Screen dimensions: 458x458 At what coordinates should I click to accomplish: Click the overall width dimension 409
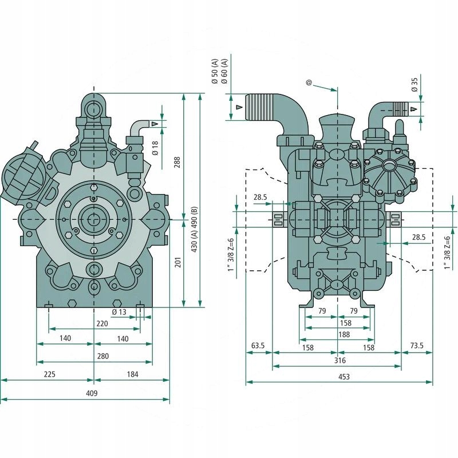[92, 393]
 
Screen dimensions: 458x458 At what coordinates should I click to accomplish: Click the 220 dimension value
[102, 323]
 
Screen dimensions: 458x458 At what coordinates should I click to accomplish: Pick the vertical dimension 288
[177, 162]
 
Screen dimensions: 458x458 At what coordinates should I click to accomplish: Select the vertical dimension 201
[177, 262]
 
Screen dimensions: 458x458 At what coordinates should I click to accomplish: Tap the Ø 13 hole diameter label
[119, 312]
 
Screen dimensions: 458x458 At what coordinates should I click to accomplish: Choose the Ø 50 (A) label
[215, 71]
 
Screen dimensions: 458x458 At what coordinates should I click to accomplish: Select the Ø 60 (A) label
[225, 71]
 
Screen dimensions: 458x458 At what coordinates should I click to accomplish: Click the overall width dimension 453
[343, 377]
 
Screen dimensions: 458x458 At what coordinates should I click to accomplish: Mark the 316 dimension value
[339, 361]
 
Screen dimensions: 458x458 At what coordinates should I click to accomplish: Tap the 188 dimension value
[344, 335]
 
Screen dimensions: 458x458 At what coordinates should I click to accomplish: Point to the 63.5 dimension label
[258, 346]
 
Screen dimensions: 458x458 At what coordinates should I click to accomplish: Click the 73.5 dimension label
[417, 346]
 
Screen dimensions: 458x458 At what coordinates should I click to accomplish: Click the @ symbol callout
[309, 83]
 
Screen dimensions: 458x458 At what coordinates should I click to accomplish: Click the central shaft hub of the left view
[93, 219]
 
